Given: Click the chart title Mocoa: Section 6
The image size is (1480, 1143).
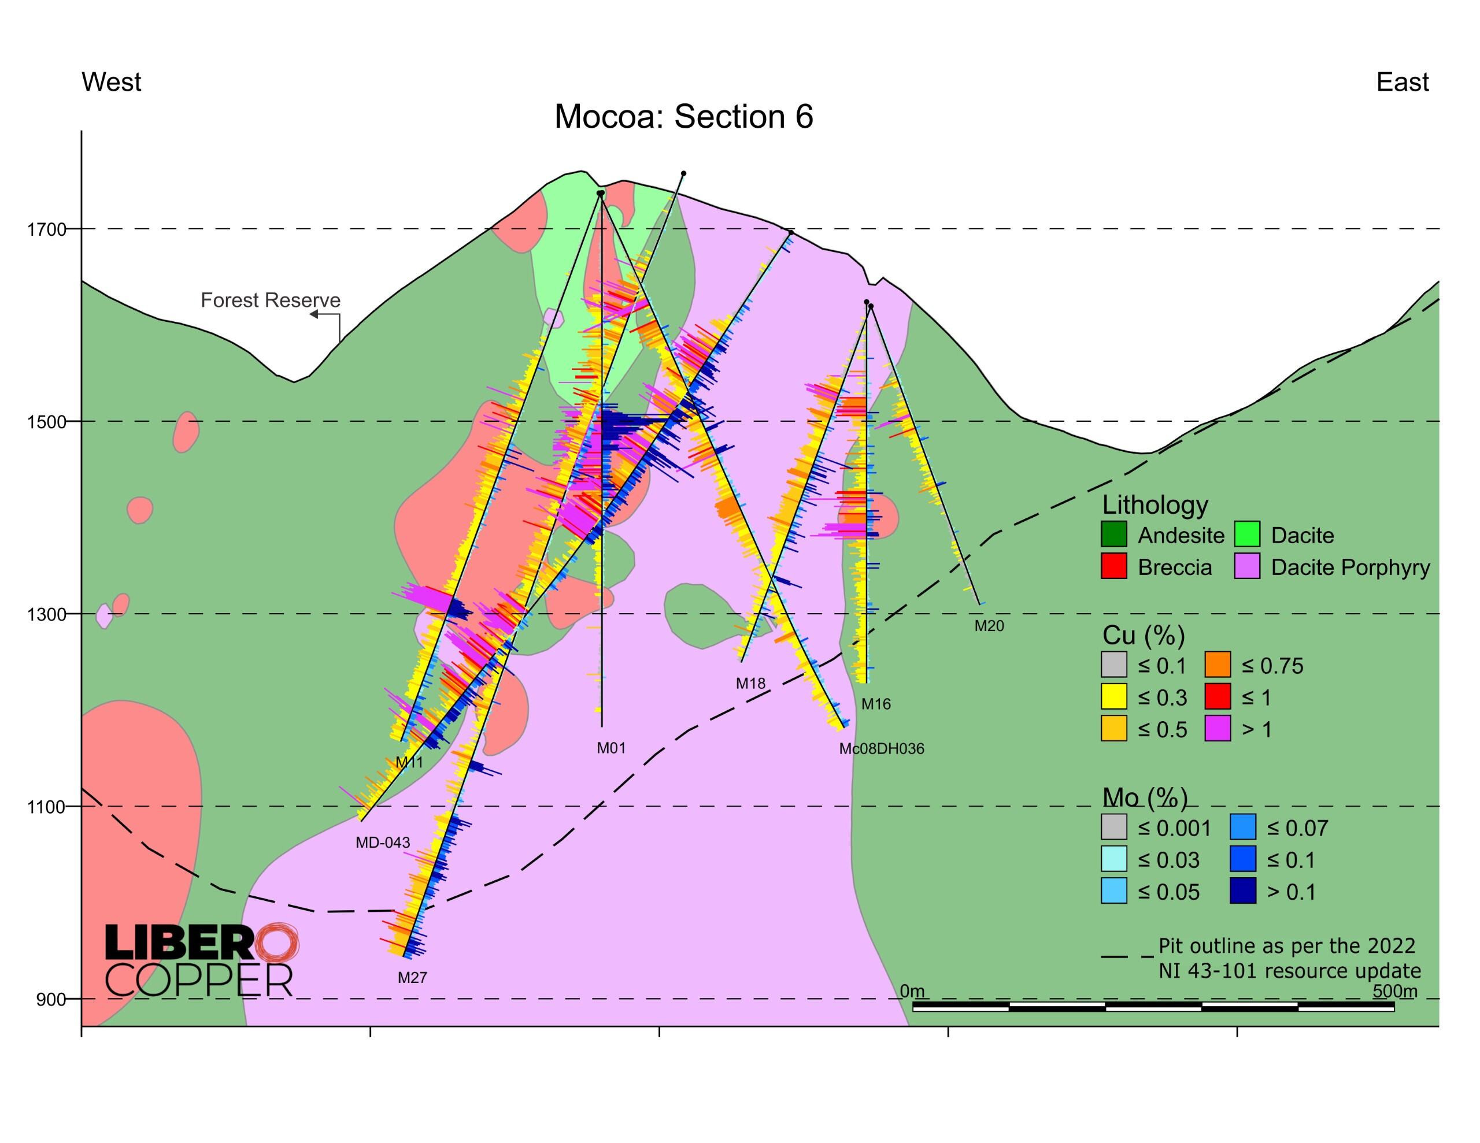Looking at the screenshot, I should point(683,117).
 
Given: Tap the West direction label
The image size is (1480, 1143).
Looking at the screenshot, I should point(111,82).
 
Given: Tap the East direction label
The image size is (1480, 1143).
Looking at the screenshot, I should point(1402,82).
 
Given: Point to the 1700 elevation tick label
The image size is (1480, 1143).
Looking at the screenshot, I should point(47,229).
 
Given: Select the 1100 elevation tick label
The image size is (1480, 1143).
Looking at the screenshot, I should point(47,807).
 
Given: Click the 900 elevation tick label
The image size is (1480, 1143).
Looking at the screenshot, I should point(51,1000).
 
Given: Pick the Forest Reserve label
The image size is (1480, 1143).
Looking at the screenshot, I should point(271,300).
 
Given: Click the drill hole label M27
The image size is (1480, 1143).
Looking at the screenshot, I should point(412,978).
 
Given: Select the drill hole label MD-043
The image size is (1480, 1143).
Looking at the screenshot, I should point(383,843).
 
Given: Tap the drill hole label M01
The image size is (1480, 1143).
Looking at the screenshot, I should point(610,748).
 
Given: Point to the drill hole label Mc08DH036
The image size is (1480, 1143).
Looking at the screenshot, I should point(881,749).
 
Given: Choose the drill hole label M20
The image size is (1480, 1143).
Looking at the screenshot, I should point(989,626).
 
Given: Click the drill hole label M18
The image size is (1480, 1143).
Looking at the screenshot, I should point(750,684).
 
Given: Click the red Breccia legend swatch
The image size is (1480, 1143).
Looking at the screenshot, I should point(1114,566).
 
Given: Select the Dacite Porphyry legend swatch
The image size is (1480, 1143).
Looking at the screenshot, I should point(1247,566).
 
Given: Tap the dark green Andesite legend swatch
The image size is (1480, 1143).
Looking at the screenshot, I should point(1114,535).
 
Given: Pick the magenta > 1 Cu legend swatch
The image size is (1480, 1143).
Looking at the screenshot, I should point(1218,729).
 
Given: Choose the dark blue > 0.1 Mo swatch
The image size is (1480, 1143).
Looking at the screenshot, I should point(1243,891).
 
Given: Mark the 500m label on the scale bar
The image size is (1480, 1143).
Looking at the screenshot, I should point(1394,991).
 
